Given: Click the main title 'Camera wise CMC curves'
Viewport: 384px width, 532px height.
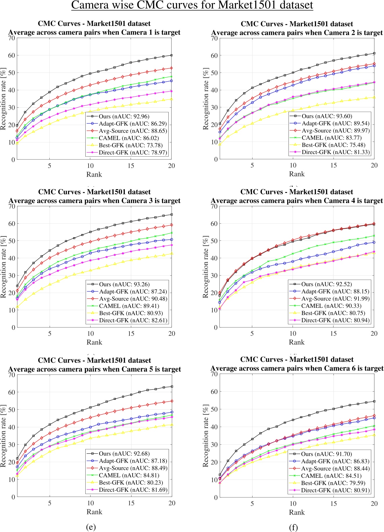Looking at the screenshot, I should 192,5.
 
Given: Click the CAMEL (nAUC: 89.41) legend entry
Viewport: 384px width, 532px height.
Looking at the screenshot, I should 129,306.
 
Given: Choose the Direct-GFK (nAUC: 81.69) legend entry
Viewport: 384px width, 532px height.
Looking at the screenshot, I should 133,490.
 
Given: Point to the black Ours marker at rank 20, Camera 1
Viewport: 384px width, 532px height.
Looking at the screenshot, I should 172,55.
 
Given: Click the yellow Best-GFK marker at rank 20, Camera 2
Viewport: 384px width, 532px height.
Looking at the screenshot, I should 374,97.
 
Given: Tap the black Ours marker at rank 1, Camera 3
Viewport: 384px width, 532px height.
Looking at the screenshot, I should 17,286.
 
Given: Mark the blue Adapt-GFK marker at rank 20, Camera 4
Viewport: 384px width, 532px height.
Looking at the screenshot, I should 374,242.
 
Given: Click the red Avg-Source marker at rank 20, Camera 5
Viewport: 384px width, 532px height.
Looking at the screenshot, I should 172,401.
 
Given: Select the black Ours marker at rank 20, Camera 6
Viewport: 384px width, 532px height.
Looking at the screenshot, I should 374,401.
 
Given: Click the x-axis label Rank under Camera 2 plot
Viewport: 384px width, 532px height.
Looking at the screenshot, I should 297,174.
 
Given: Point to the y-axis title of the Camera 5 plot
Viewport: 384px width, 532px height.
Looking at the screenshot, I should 3,435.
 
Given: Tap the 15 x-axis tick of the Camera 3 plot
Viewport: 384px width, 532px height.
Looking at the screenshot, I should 131,334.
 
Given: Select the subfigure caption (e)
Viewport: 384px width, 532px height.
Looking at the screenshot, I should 91,527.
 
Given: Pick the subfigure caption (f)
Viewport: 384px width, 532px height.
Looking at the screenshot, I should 293,527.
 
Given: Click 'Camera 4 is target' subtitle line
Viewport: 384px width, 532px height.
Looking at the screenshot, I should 297,201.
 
